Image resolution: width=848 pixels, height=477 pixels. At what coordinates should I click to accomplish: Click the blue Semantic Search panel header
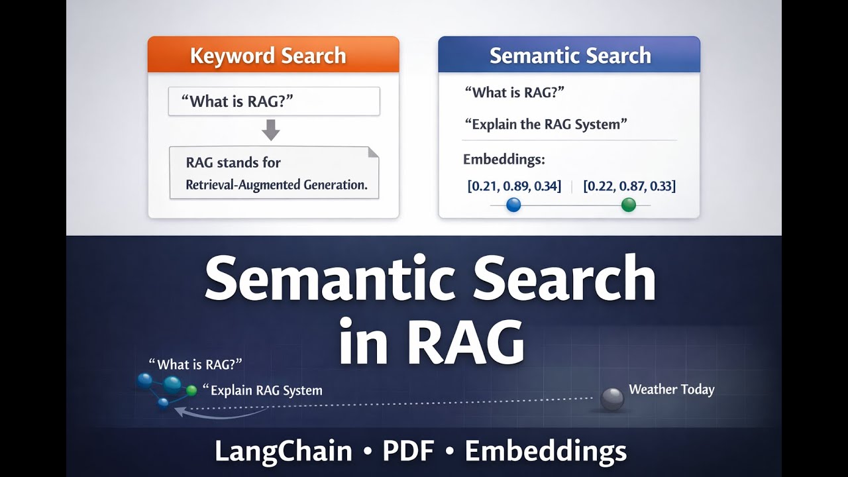[x=569, y=55]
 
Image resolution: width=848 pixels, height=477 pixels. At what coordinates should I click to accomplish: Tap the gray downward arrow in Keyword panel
[x=270, y=130]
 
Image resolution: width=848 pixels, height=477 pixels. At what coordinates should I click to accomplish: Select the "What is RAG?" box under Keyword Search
[x=274, y=101]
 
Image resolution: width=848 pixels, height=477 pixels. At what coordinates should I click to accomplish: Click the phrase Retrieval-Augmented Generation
[x=276, y=185]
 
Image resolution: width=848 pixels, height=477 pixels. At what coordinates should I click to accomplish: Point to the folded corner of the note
[x=373, y=152]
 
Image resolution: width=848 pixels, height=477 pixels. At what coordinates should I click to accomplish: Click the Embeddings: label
[x=503, y=160]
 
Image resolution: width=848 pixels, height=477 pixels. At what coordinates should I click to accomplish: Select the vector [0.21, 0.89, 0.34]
[x=514, y=186]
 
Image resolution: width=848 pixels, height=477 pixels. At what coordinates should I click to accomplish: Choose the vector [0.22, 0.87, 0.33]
[x=629, y=186]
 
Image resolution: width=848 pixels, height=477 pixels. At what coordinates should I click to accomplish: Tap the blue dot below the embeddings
[x=513, y=205]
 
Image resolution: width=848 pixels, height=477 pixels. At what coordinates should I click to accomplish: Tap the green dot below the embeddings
[x=629, y=205]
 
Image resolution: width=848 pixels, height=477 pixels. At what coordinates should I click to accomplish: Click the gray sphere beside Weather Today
[x=611, y=399]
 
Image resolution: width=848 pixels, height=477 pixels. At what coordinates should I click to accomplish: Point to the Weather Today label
[x=671, y=390]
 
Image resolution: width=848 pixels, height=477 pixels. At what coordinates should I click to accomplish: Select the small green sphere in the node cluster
[x=191, y=390]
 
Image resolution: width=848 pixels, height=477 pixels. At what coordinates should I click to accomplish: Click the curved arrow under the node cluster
[x=219, y=413]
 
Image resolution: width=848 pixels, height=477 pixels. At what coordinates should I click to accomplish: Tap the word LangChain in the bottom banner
[x=284, y=452]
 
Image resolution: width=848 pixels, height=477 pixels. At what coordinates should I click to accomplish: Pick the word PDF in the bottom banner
[x=407, y=452]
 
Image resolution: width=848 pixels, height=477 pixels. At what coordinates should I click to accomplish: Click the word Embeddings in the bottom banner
[x=545, y=452]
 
